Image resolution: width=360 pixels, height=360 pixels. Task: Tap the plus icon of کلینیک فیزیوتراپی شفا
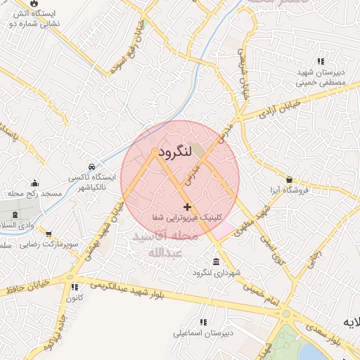tap(187, 207)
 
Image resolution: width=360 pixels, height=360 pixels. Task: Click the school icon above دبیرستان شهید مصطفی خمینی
tap(321, 62)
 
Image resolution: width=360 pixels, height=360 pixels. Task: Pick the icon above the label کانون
tap(73, 287)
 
